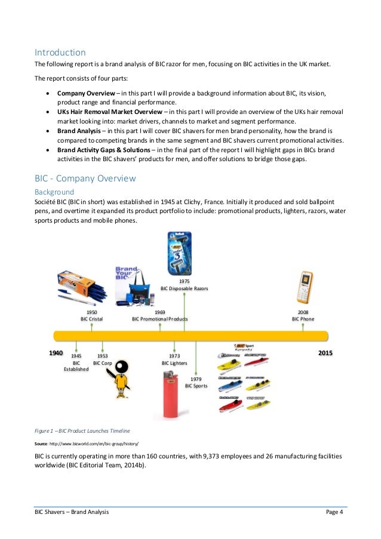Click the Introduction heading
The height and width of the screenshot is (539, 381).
point(60,52)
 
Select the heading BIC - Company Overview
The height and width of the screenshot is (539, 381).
point(85,178)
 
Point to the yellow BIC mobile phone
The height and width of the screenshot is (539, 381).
point(305,287)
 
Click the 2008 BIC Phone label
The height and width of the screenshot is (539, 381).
point(303,315)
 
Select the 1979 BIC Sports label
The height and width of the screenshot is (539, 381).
point(196,383)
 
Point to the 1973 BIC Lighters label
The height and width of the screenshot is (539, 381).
point(174,359)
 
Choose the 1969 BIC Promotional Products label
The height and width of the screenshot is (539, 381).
point(159,315)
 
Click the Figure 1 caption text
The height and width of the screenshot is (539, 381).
point(82,430)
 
